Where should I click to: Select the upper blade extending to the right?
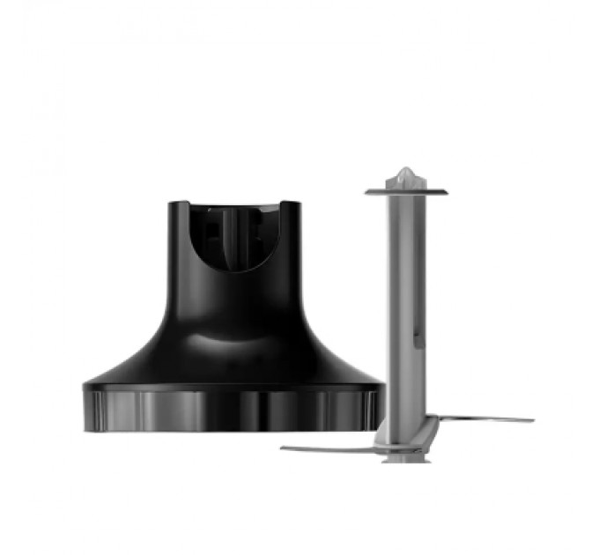click(x=484, y=419)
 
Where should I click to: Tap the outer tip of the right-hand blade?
click(x=531, y=419)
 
